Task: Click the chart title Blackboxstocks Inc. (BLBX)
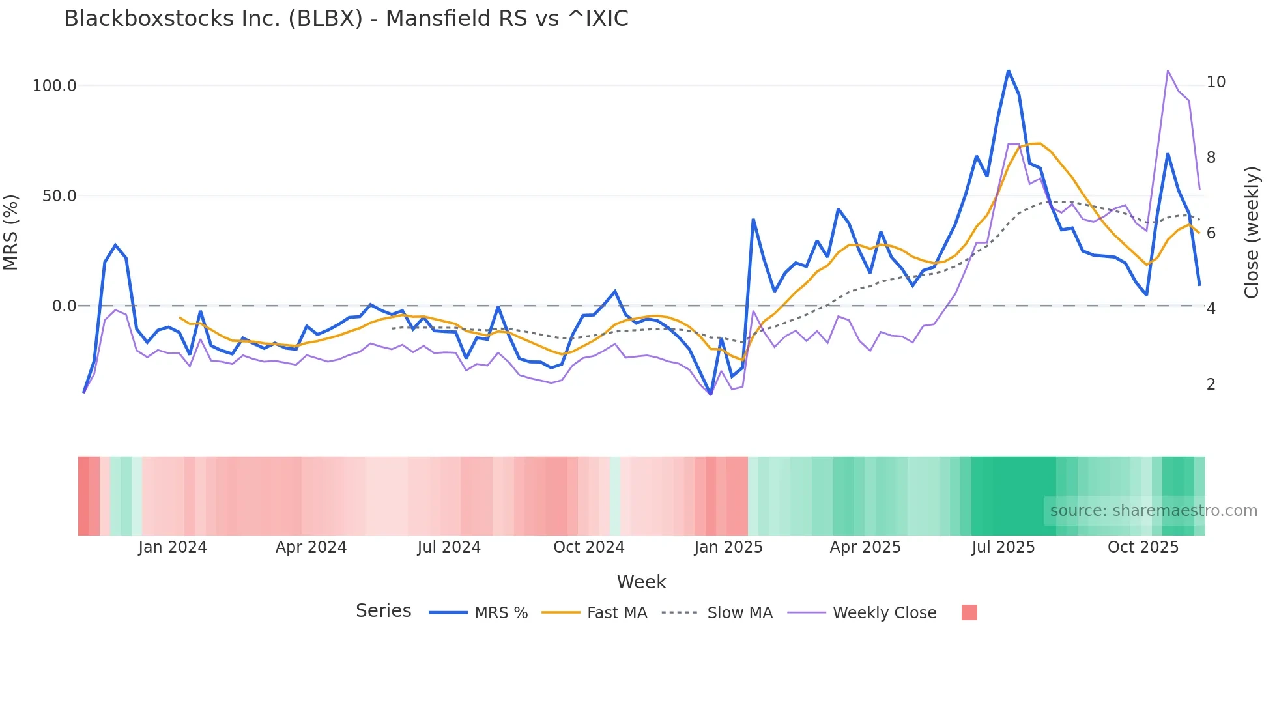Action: tap(346, 19)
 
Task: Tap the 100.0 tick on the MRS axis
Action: tap(55, 86)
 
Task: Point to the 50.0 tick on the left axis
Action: tap(59, 196)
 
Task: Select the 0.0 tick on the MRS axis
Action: tap(64, 306)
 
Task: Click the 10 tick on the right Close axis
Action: tap(1216, 82)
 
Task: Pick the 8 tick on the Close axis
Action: tap(1211, 158)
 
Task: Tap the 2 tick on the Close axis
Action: tap(1211, 384)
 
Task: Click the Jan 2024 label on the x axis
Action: tap(173, 547)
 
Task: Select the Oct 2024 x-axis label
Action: tap(589, 547)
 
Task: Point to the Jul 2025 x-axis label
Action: tap(1003, 547)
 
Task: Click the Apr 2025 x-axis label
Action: tap(865, 547)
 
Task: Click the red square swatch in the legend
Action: tap(969, 612)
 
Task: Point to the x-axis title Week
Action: tap(641, 582)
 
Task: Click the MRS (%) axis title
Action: tap(11, 233)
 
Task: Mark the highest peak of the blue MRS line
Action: tap(1008, 70)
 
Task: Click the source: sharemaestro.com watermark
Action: tap(1153, 511)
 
